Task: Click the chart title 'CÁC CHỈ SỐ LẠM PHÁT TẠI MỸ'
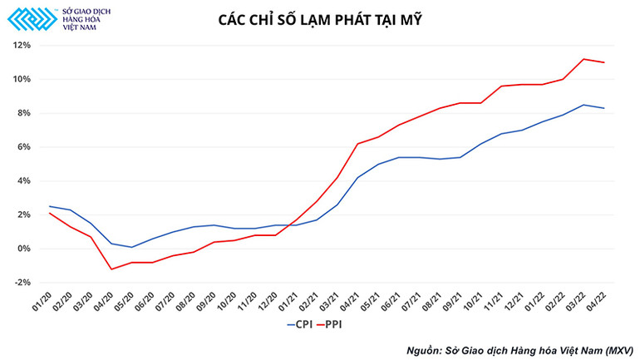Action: (320, 19)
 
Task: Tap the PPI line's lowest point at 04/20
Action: (111, 269)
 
